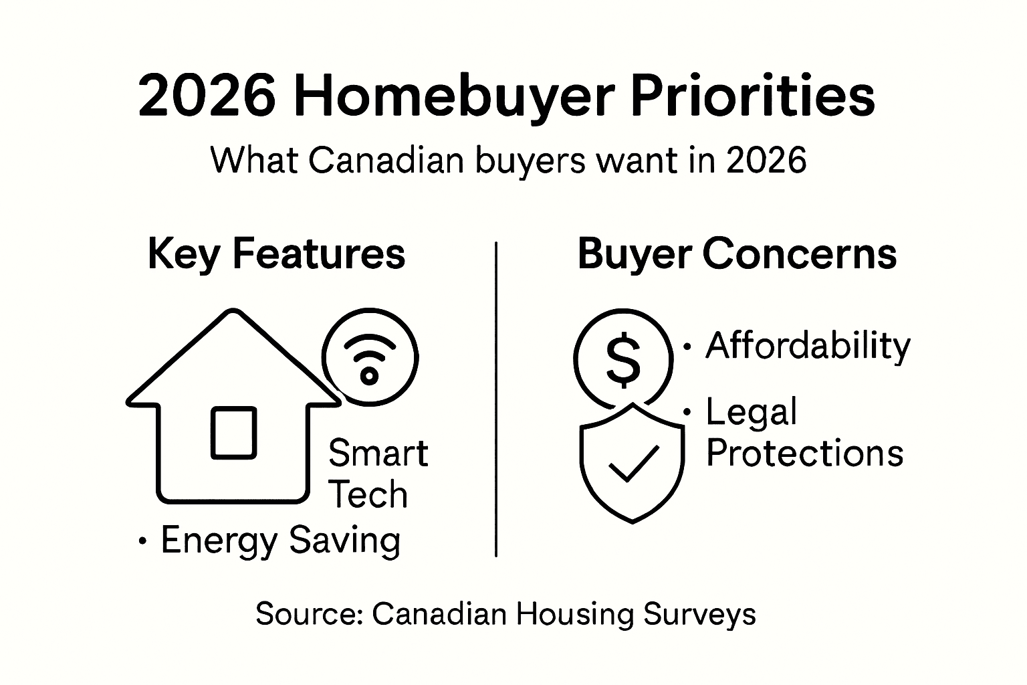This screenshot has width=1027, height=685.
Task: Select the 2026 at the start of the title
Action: (x=207, y=96)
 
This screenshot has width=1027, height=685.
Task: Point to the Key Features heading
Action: (x=276, y=254)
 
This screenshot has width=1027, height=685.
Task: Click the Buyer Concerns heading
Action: (x=737, y=254)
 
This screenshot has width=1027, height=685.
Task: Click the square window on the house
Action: (x=233, y=433)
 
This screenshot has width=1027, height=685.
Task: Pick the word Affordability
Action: (x=808, y=347)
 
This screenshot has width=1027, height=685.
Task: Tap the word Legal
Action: (x=752, y=412)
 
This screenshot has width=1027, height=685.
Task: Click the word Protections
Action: (x=804, y=453)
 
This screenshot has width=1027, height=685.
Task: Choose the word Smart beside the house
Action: (x=378, y=453)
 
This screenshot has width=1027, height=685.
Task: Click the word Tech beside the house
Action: (x=368, y=495)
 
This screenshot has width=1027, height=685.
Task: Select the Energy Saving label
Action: (x=280, y=540)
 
